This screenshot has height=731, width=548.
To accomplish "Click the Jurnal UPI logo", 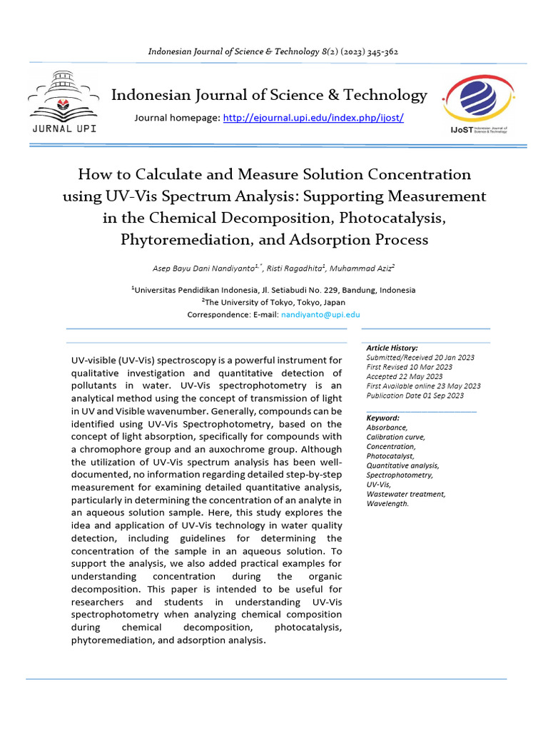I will tap(64, 104).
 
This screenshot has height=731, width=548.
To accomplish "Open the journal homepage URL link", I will tap(313, 117).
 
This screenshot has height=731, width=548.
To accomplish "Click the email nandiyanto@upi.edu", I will tap(320, 314).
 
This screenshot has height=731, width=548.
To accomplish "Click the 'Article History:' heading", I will tap(392, 348).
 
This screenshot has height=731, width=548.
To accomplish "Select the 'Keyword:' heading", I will tap(382, 418).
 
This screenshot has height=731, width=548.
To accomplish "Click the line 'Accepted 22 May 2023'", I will tap(404, 376).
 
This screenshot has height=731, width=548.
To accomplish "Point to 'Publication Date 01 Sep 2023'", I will tap(415, 395).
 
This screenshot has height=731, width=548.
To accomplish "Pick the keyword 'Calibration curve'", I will tap(395, 437).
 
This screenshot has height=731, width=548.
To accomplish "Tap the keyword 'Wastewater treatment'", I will tap(405, 494).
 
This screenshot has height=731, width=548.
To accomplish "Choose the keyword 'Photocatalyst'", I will tap(390, 455).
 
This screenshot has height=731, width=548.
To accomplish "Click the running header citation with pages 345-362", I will tap(273, 51).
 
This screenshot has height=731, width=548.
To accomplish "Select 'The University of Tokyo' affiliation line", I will tap(273, 302).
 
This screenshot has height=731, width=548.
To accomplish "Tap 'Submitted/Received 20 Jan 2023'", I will tap(420, 357).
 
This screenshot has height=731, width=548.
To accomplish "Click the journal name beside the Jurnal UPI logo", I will tap(269, 95).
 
